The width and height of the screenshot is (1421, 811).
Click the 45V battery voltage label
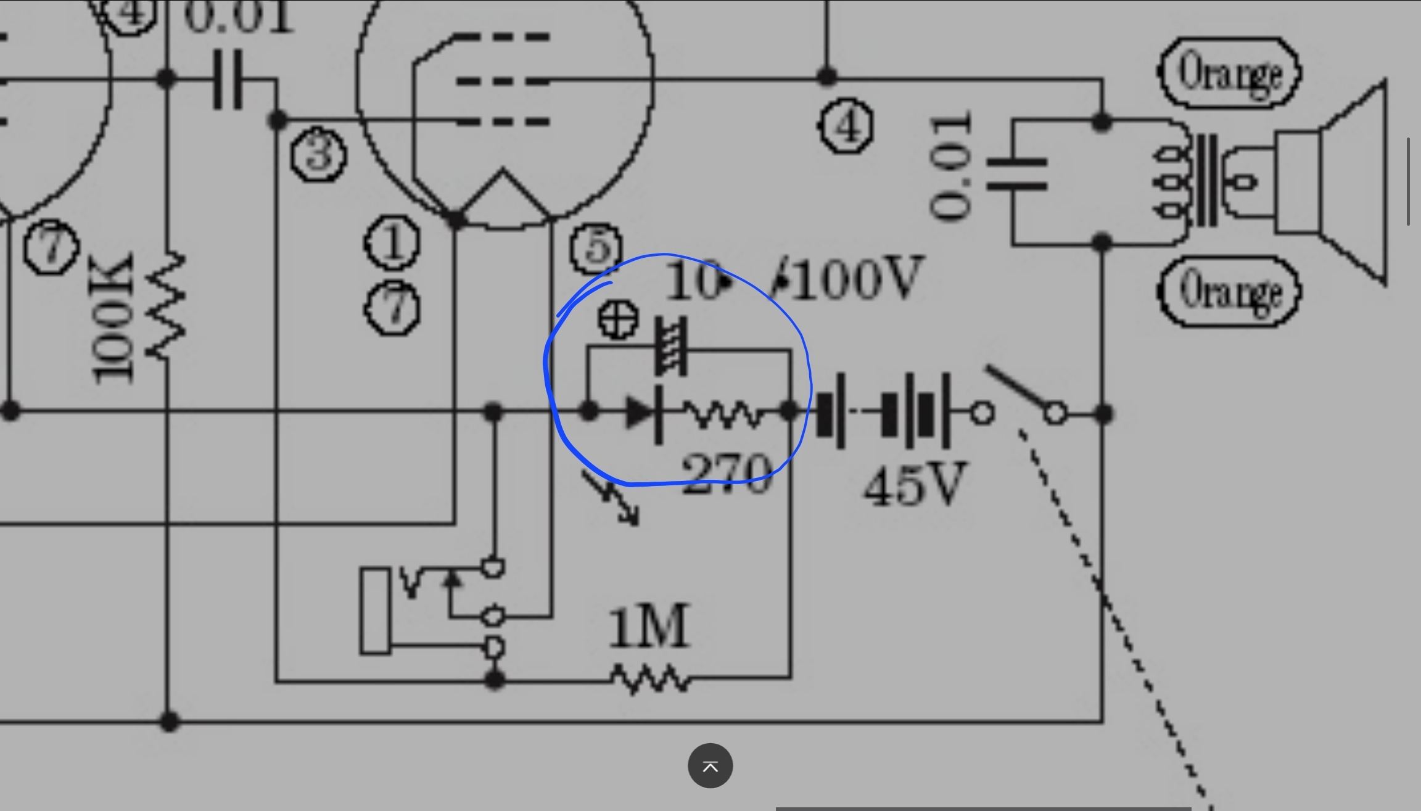point(914,485)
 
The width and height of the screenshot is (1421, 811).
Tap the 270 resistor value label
point(727,474)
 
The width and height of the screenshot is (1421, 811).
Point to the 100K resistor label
point(112,318)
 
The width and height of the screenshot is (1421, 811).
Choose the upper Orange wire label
point(1229,73)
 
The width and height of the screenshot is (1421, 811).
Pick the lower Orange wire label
point(1229,290)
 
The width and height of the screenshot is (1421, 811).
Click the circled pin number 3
point(319,154)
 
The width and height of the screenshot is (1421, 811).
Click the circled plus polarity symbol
point(618,319)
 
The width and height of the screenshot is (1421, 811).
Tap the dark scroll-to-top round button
point(710,766)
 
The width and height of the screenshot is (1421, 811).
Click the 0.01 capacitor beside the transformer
point(1016,174)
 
